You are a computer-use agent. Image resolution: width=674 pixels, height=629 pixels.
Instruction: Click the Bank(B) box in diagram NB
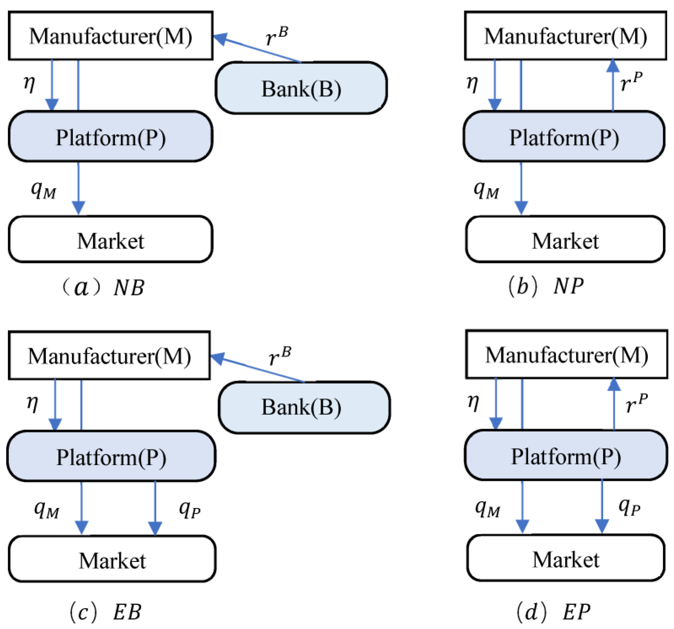[x=301, y=88]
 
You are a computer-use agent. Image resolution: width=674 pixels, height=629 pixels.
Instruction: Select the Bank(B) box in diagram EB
[x=304, y=407]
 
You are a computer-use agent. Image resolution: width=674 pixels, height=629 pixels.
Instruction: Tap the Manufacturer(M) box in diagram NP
[x=565, y=36]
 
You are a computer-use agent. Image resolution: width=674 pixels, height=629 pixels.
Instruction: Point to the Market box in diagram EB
[x=112, y=561]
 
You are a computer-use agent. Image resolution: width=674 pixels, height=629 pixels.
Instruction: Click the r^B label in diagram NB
[x=276, y=36]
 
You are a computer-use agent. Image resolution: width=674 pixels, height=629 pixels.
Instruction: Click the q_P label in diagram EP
[x=629, y=507]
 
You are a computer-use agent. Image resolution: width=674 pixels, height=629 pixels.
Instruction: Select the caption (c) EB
[x=105, y=612]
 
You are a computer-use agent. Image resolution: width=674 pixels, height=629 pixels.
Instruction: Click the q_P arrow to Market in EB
[x=155, y=508]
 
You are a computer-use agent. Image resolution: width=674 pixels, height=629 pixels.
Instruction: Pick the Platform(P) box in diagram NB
[x=111, y=137]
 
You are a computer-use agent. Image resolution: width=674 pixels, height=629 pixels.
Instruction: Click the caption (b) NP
[x=546, y=286]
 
